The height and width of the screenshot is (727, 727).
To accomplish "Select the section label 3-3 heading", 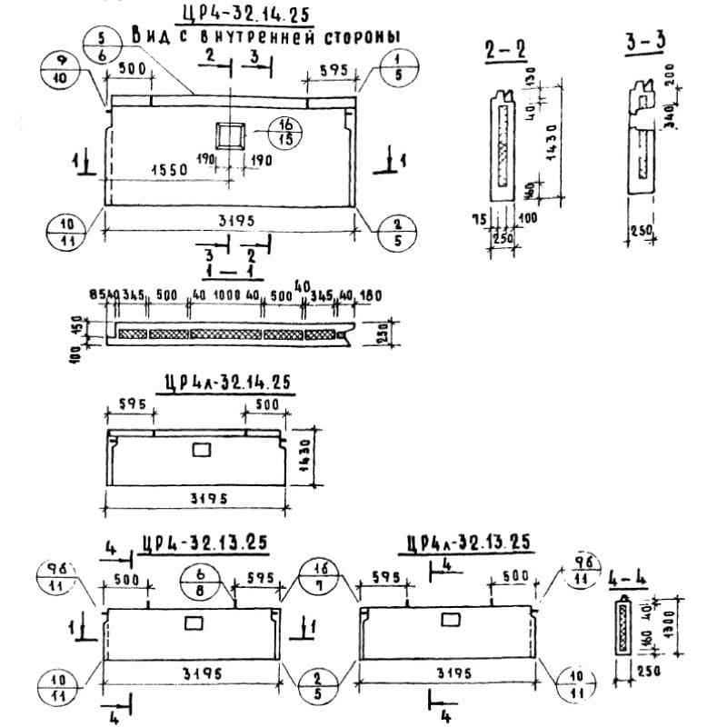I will click(645, 42).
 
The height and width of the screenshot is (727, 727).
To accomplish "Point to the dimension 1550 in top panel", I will click(169, 169).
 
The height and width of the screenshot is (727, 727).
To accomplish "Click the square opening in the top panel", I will click(230, 135).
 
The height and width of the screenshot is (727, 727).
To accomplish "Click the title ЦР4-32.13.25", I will click(204, 543).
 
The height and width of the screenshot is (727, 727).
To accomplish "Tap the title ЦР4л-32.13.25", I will click(468, 543).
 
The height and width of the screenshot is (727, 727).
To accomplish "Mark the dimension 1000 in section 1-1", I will click(226, 296).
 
